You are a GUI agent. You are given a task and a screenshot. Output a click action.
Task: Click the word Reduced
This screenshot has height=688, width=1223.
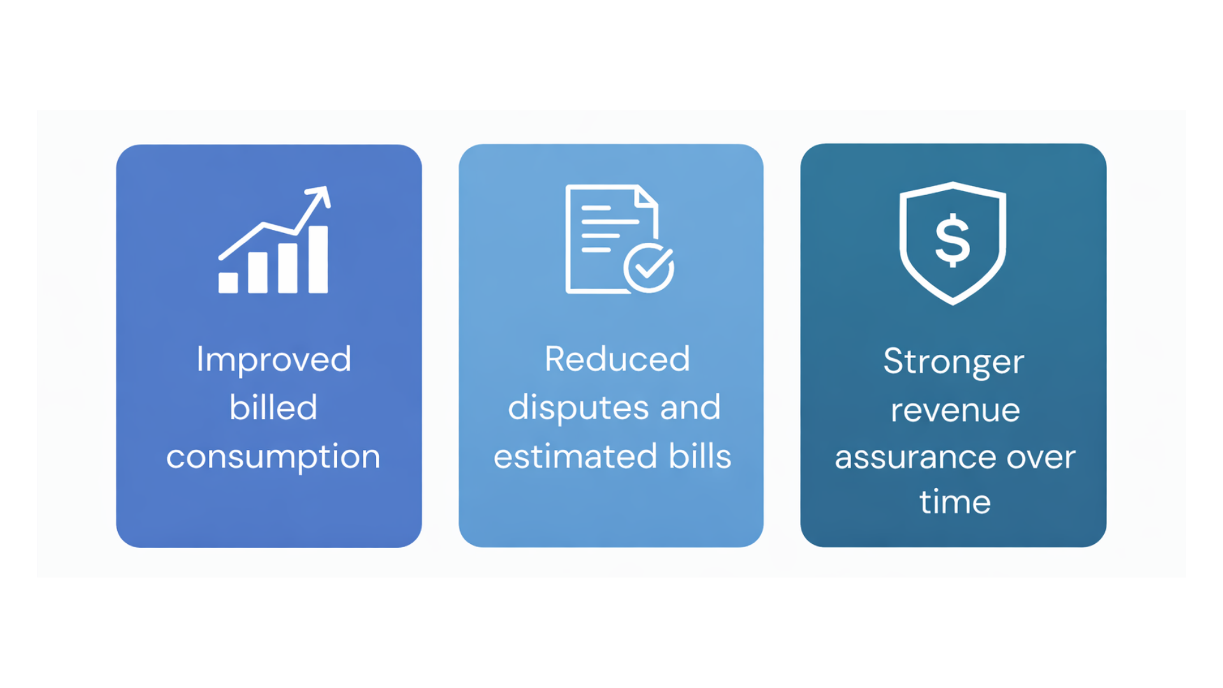click(617, 359)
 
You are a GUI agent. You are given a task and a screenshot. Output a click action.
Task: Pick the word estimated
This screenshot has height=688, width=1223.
click(575, 456)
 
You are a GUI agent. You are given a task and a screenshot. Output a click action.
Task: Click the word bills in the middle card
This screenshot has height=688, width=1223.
click(699, 456)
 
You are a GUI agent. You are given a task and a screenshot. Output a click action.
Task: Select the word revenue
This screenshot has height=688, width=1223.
click(955, 411)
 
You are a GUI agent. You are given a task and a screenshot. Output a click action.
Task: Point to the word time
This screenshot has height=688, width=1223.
click(955, 501)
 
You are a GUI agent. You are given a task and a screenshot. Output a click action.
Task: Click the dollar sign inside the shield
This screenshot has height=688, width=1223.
click(952, 240)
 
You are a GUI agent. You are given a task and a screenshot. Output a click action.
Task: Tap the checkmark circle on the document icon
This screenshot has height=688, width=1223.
click(649, 268)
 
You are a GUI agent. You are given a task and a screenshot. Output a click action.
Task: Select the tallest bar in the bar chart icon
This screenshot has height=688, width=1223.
click(318, 259)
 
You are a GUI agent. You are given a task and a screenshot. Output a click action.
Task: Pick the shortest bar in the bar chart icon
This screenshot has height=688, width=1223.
click(228, 283)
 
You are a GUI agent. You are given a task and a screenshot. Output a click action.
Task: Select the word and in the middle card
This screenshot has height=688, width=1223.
click(690, 408)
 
